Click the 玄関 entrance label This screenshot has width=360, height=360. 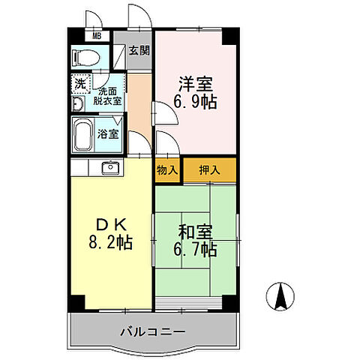pos(139,51)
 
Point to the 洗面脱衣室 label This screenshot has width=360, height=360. pos(108,94)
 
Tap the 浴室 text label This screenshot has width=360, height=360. pos(108,135)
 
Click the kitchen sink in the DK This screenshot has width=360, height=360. pos(110,166)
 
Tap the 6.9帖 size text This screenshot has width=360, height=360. pos(193,103)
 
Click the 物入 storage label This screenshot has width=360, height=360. pos(167,171)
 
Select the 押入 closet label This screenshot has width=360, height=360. pos(209,171)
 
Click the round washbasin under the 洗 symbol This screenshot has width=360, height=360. pos(78,104)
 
